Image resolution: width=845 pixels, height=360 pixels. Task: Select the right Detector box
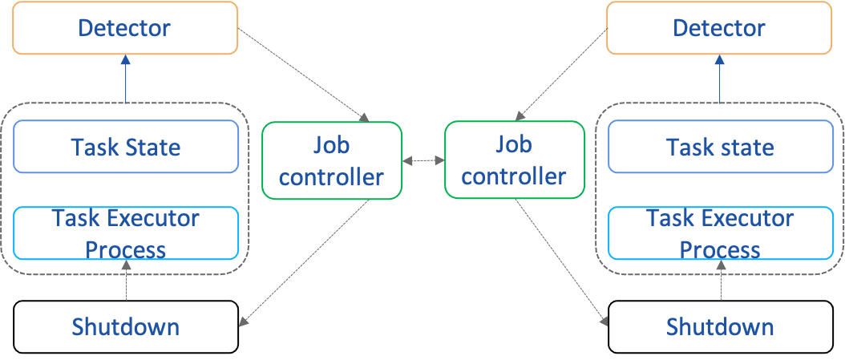click(x=719, y=28)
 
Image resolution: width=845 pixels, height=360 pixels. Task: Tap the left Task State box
click(x=126, y=147)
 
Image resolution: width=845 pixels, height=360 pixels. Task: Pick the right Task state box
click(x=720, y=147)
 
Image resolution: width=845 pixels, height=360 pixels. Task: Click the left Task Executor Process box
click(x=126, y=233)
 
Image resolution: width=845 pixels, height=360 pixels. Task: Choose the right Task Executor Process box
click(x=720, y=233)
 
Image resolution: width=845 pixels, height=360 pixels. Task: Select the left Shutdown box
click(x=126, y=326)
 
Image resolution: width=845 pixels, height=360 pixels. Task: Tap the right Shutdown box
click(x=720, y=326)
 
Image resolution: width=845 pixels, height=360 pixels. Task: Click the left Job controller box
click(x=332, y=160)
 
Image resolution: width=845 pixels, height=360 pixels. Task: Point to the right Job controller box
click(x=514, y=160)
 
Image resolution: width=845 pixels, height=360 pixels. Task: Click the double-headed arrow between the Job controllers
click(x=423, y=161)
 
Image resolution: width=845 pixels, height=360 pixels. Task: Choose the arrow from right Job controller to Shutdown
click(x=560, y=261)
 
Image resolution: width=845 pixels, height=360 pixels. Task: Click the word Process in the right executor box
click(x=720, y=249)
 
